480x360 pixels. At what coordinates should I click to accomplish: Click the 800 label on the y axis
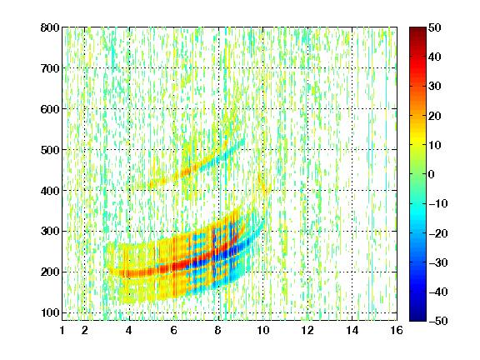pos(50,27)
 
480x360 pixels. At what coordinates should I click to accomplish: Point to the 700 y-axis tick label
pos(50,68)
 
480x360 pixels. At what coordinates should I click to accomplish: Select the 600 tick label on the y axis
pos(50,109)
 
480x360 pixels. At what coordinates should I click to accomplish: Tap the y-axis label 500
pos(50,150)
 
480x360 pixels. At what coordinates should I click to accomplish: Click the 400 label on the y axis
pos(50,191)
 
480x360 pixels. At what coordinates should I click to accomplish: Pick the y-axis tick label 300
pos(50,231)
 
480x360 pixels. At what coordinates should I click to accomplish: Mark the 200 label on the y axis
pos(50,272)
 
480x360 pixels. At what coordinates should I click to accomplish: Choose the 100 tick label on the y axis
pos(50,312)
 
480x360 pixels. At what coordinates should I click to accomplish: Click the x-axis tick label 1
pos(62,330)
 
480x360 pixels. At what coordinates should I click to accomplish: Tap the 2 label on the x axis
pos(85,330)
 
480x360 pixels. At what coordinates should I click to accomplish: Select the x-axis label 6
pos(174,330)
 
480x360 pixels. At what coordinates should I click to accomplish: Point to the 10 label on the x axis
pos(263,330)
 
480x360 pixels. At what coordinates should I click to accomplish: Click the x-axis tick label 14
pos(352,330)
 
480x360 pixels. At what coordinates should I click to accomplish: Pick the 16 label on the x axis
pos(397,330)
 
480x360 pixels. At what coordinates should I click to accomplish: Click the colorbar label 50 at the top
pos(435,27)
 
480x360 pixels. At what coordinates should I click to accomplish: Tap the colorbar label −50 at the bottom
pos(438,321)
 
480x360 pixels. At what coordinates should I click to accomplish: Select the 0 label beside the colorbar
pos(432,174)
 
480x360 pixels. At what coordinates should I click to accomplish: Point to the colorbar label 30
pos(435,87)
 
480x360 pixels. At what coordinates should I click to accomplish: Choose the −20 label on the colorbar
pos(438,233)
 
